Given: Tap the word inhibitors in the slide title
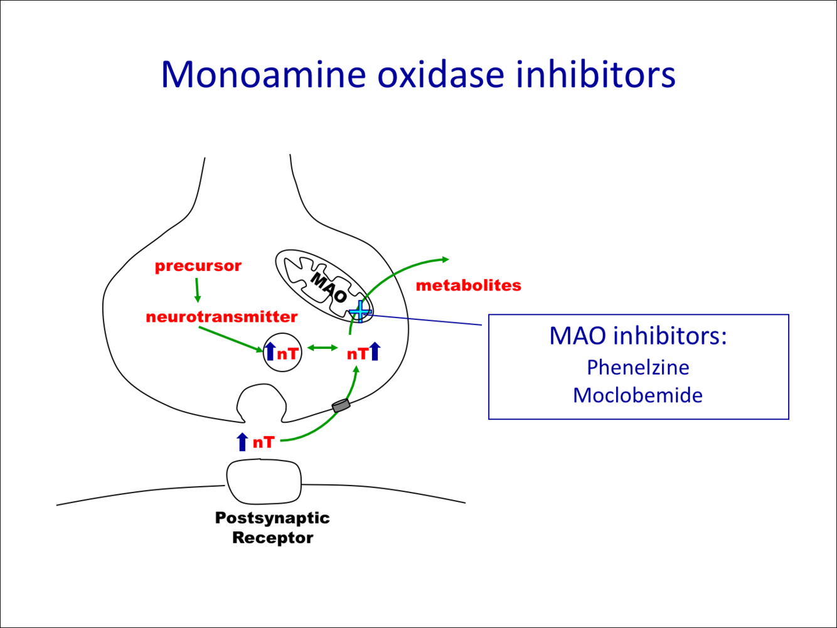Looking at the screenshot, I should [x=595, y=74].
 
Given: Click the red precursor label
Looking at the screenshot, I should [x=198, y=266].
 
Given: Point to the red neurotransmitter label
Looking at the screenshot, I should [x=221, y=317].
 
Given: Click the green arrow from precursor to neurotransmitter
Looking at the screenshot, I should [x=197, y=290].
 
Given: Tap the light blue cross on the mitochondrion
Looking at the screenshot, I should [x=360, y=310].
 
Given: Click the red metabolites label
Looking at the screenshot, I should [x=468, y=285].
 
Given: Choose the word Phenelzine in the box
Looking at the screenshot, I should [x=638, y=367].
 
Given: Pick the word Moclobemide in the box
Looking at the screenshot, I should [x=637, y=395].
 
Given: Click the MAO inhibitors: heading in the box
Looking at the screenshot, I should [x=638, y=336].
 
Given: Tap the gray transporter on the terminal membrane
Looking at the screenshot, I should [x=341, y=405].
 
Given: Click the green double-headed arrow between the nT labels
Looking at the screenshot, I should [x=323, y=348].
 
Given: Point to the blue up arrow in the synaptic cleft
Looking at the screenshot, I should [x=242, y=442].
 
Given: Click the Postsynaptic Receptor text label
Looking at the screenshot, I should [x=272, y=528].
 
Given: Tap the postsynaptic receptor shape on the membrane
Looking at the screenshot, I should [x=264, y=482].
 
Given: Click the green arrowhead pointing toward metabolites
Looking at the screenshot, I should [x=445, y=258].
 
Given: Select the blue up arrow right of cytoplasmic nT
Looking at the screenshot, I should [x=375, y=351].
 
